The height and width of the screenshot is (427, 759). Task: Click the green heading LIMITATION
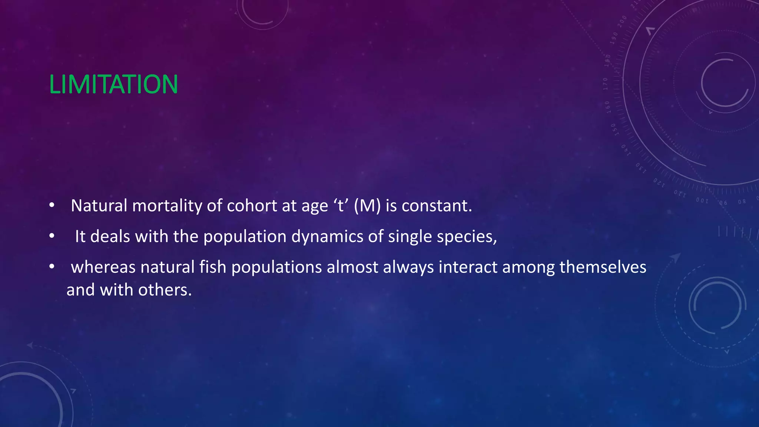[113, 85]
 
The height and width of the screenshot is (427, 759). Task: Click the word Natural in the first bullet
[99, 206]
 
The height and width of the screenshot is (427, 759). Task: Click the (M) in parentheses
[367, 206]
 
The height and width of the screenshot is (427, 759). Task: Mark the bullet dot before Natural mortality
[52, 205]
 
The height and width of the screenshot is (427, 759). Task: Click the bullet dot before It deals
[52, 236]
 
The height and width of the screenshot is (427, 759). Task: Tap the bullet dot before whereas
[52, 267]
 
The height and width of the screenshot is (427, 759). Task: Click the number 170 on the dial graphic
[605, 84]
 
